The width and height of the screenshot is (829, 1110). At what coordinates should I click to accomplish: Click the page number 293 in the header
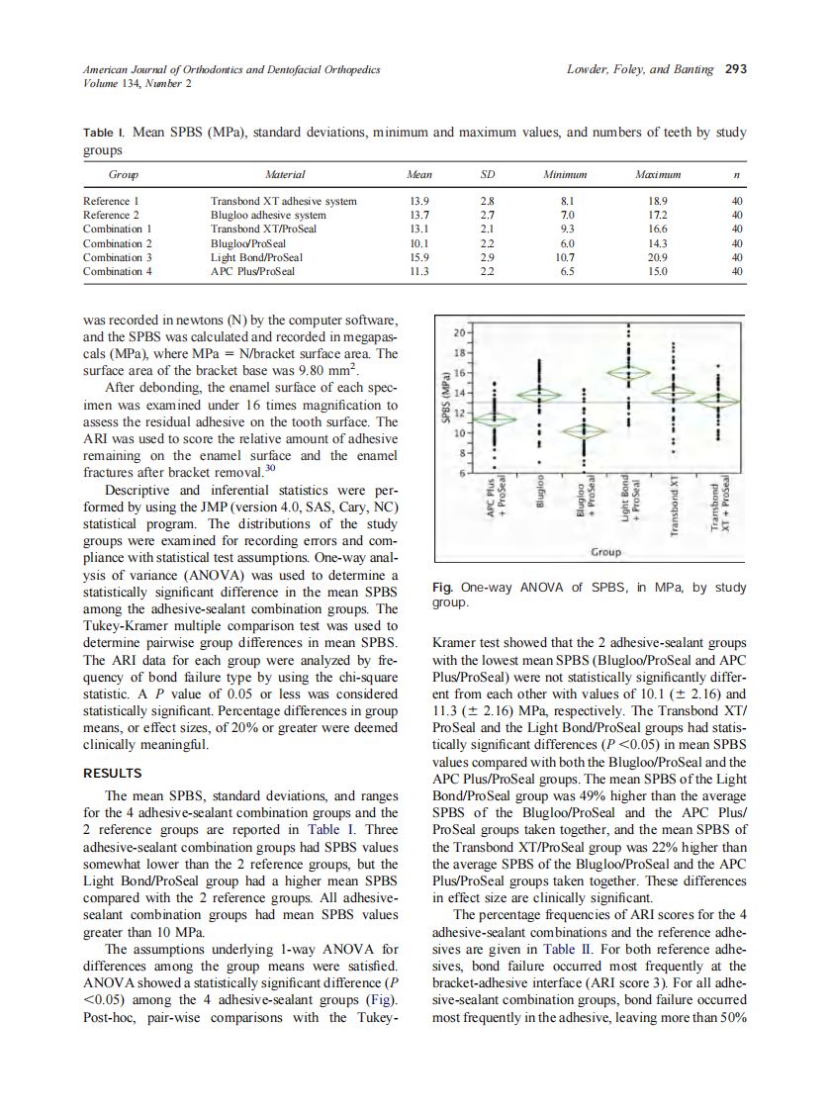pos(735,69)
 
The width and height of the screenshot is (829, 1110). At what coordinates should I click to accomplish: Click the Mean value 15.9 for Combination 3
pos(418,257)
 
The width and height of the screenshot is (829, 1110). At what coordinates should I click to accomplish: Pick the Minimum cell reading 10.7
pos(567,257)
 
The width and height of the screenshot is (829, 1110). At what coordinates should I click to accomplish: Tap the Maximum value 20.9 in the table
pos(653,257)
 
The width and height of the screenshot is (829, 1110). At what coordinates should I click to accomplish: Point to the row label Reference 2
pos(111,215)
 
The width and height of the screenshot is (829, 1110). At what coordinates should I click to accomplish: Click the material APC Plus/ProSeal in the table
pos(252,271)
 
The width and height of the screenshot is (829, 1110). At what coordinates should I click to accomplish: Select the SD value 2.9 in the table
pos(487,257)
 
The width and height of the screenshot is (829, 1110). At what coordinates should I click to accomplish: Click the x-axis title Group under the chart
pos(605,551)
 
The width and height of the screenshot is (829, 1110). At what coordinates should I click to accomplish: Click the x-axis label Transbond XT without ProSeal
pos(675,506)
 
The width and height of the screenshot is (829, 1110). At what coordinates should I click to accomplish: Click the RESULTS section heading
pos(112,773)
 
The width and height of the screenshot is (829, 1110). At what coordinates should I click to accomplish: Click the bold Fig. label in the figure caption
pos(442,587)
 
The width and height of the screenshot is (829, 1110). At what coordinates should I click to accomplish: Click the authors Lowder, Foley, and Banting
pos(641,69)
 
